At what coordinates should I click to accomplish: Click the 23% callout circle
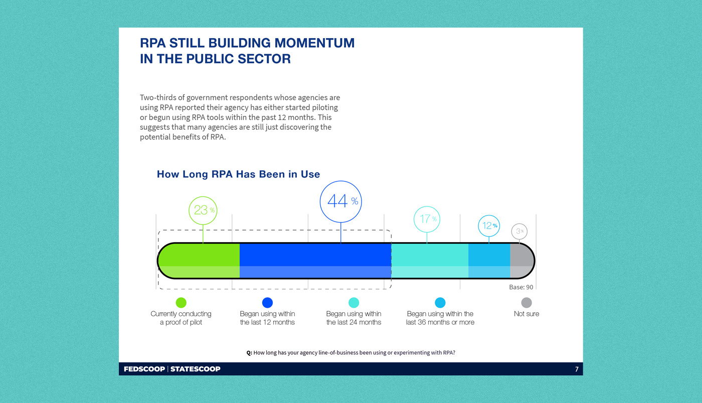[x=203, y=210]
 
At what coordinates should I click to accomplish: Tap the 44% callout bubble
[x=341, y=201]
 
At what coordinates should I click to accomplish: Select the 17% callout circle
[x=427, y=219]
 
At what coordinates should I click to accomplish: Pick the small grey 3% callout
[x=519, y=231]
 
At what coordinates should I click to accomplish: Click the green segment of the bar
[x=201, y=261]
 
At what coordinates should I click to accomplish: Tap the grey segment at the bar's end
[x=521, y=261]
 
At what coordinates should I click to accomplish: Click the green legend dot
[x=181, y=302]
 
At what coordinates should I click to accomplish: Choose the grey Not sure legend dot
[x=526, y=302]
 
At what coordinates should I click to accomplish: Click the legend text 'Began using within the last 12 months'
[x=267, y=318]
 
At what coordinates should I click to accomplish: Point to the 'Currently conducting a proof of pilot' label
[x=181, y=318]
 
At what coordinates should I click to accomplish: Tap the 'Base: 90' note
[x=521, y=287]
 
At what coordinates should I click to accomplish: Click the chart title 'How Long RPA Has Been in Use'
[x=238, y=174]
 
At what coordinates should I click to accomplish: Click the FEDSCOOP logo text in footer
[x=144, y=369]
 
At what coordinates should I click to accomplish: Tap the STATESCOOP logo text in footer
[x=195, y=369]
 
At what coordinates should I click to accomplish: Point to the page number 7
[x=577, y=369]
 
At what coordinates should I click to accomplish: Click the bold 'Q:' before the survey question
[x=249, y=352]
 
